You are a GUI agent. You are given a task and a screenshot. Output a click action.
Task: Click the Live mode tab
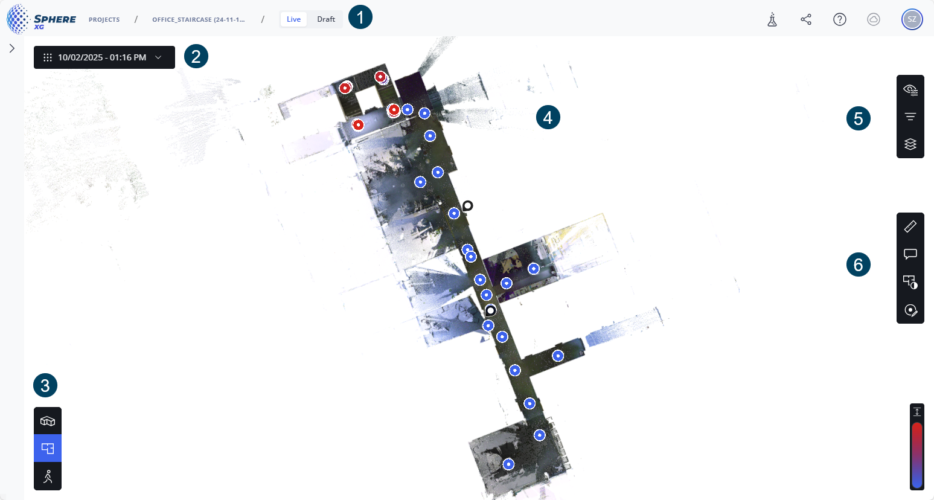click(x=293, y=19)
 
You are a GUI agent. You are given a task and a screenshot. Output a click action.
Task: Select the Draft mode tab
click(x=325, y=19)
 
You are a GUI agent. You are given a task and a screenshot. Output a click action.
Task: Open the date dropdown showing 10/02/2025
click(x=104, y=57)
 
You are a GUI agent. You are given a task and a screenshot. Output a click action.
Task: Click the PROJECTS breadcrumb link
click(x=104, y=19)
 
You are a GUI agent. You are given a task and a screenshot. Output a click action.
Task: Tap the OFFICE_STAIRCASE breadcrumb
click(x=199, y=19)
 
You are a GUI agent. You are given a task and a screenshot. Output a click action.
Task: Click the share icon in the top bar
click(x=806, y=19)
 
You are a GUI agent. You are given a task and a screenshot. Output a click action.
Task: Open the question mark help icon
click(x=840, y=19)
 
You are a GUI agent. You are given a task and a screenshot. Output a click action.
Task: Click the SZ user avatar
click(x=912, y=19)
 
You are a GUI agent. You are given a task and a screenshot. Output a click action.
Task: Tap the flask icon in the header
click(x=772, y=19)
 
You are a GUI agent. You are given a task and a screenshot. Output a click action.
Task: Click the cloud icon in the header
click(x=874, y=19)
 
